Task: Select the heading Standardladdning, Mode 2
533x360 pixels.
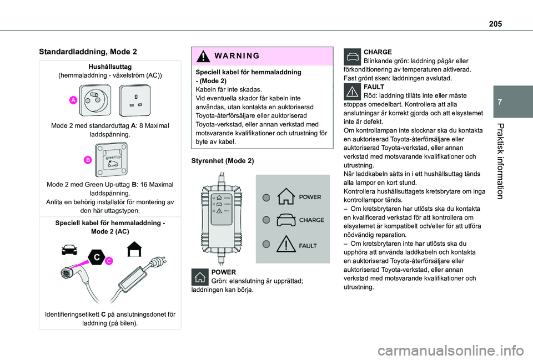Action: tap(88, 52)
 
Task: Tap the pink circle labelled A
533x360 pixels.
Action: tap(73, 100)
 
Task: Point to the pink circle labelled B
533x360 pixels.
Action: tap(88, 160)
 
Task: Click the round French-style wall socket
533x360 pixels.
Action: tap(96, 100)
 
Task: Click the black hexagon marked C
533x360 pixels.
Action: tap(96, 257)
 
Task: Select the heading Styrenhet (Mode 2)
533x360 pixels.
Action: tap(223, 161)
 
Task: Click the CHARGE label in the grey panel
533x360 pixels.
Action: tap(311, 220)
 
